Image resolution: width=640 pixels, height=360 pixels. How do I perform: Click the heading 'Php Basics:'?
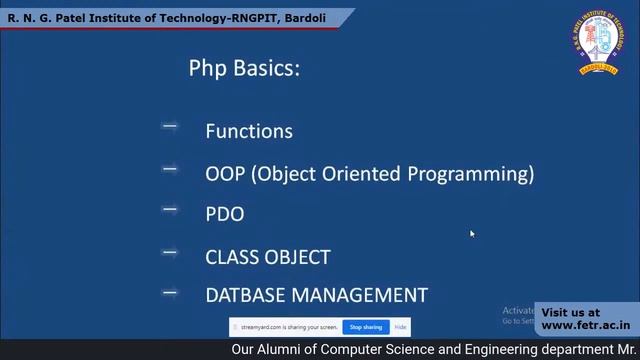[x=244, y=69]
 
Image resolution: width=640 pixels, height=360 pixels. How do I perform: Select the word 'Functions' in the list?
[x=249, y=131]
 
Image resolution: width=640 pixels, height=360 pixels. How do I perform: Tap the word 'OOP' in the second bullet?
[x=225, y=173]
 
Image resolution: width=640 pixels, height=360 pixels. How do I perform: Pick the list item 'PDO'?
[x=224, y=214]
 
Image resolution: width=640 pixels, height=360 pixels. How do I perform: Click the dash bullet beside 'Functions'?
[x=169, y=127]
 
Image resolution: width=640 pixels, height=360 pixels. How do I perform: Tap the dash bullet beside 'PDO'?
[x=169, y=210]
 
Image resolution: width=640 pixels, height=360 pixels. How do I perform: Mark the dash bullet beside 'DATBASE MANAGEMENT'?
[x=169, y=293]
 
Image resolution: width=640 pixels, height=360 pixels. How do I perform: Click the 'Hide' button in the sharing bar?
[x=400, y=327]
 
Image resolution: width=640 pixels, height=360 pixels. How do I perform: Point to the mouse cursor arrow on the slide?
[x=472, y=234]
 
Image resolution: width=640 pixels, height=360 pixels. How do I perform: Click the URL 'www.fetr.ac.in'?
[x=586, y=325]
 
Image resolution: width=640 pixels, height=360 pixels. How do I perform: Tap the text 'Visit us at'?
[x=571, y=312]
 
